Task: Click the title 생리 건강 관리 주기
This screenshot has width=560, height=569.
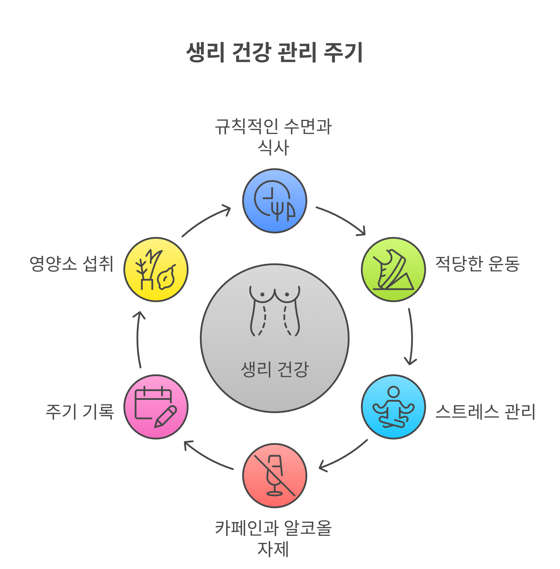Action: [274, 52]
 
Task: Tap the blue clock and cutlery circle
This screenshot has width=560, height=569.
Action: [275, 201]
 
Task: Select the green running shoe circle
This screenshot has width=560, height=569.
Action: [393, 270]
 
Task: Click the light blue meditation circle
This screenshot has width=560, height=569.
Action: [393, 407]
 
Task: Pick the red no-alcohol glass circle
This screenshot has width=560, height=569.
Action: [275, 475]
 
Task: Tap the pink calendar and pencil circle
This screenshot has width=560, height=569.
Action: [156, 407]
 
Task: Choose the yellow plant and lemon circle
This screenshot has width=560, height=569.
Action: [156, 270]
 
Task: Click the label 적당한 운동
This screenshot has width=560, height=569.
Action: [477, 264]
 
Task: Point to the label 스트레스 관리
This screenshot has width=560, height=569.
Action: [485, 411]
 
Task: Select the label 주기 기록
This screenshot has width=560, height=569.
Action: [80, 411]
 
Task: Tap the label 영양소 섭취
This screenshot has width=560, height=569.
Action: [72, 264]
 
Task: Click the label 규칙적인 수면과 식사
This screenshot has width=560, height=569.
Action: [274, 136]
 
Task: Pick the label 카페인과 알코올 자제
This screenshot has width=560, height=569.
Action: [274, 538]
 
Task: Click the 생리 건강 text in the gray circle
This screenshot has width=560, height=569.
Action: [275, 369]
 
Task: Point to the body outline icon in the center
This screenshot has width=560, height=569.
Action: [275, 310]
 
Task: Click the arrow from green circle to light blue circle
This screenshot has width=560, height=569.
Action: [411, 337]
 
